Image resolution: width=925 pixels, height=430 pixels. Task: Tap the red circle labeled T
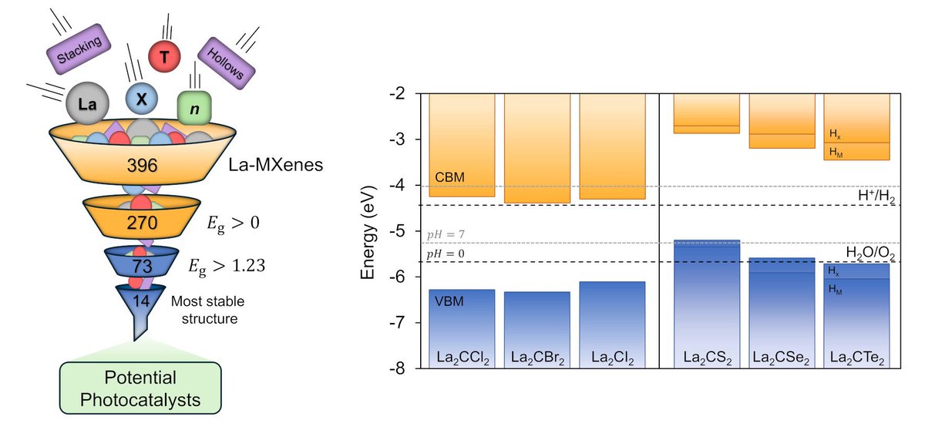(x=163, y=55)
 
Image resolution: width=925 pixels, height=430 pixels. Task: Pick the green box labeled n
(x=194, y=109)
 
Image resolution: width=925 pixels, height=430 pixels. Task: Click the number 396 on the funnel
(x=142, y=166)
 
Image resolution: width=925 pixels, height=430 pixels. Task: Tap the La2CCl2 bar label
(x=461, y=358)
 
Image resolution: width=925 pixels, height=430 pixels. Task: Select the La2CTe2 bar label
(x=856, y=358)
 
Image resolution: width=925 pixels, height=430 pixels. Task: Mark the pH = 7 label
(x=445, y=233)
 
